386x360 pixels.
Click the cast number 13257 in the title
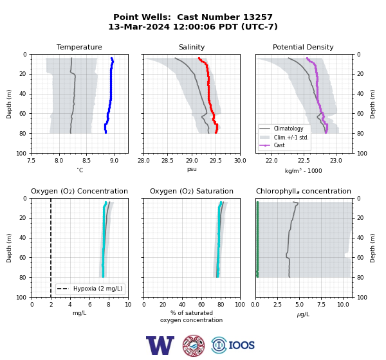tap(258, 17)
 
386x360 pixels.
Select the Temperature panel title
tap(79, 47)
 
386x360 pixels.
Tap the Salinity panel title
tap(192, 47)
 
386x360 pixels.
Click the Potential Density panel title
tap(303, 47)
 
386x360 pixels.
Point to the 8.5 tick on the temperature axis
tap(86, 161)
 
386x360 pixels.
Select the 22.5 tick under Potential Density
tap(304, 161)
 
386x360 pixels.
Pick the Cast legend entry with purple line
tap(279, 145)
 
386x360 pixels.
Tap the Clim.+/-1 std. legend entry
tap(291, 137)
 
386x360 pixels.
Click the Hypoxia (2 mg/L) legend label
tap(98, 289)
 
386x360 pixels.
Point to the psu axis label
tap(192, 169)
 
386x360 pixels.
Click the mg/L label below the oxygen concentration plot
tap(79, 313)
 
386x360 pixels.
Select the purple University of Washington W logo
tap(160, 345)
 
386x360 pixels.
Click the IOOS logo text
tap(241, 345)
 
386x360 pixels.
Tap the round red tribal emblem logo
tap(194, 345)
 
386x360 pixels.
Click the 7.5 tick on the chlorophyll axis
tap(321, 305)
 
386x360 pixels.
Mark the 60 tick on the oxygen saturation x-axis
tap(201, 305)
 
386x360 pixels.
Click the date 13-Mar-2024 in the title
tap(139, 26)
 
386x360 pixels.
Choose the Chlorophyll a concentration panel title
tap(304, 191)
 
